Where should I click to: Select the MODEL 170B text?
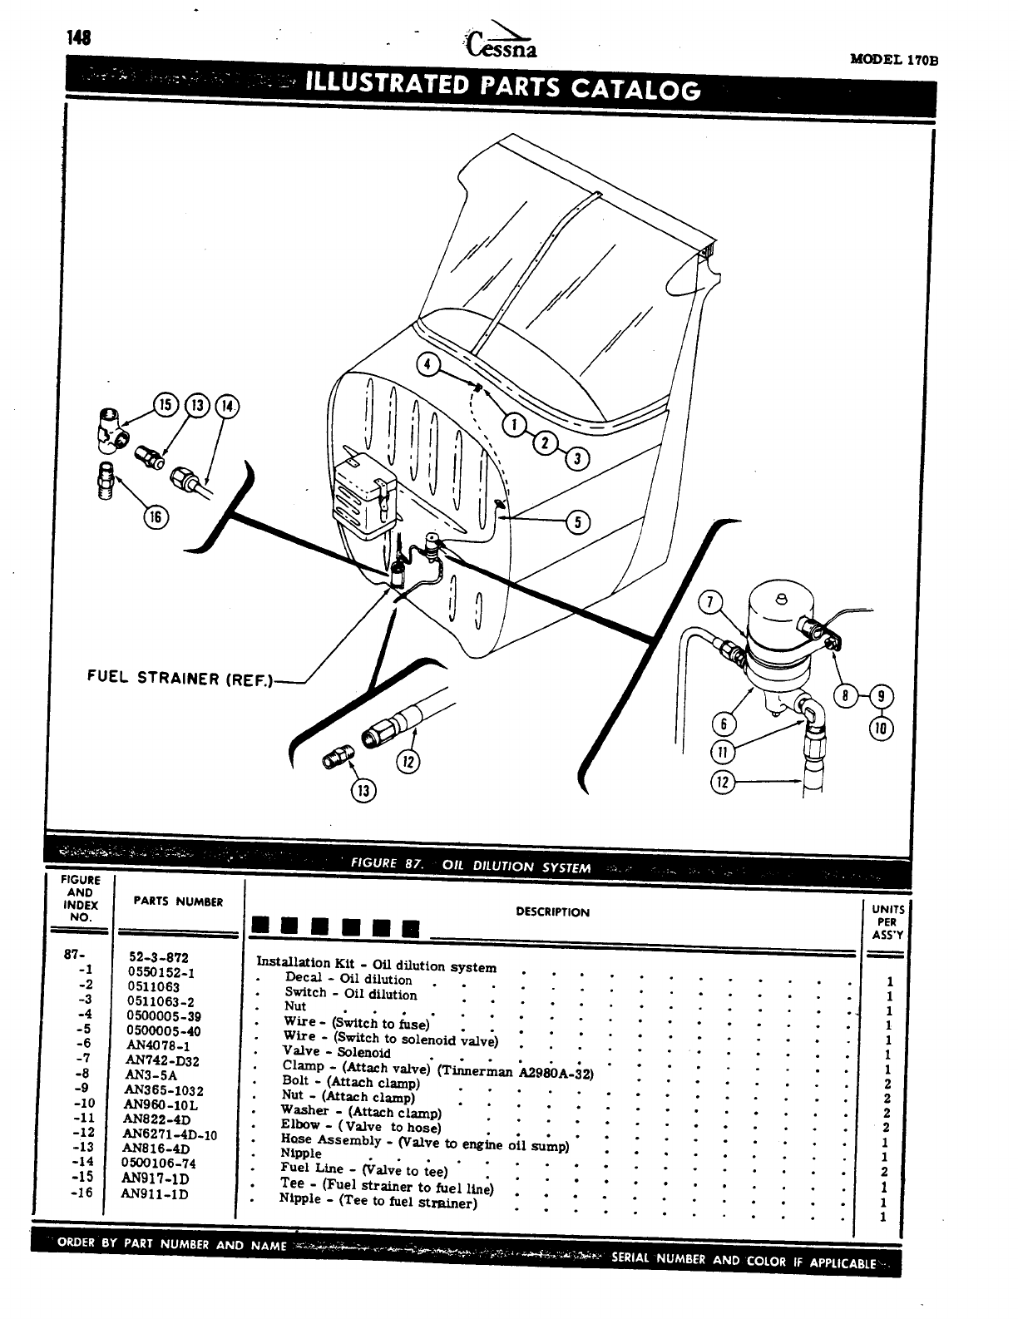point(893,60)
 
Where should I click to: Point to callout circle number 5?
point(576,521)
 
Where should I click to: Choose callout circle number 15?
point(163,405)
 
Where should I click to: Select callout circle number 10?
point(881,729)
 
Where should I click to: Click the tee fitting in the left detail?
point(108,430)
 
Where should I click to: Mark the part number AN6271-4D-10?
point(170,1134)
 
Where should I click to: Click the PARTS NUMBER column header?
point(178,902)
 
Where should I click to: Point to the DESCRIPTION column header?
point(552,911)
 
